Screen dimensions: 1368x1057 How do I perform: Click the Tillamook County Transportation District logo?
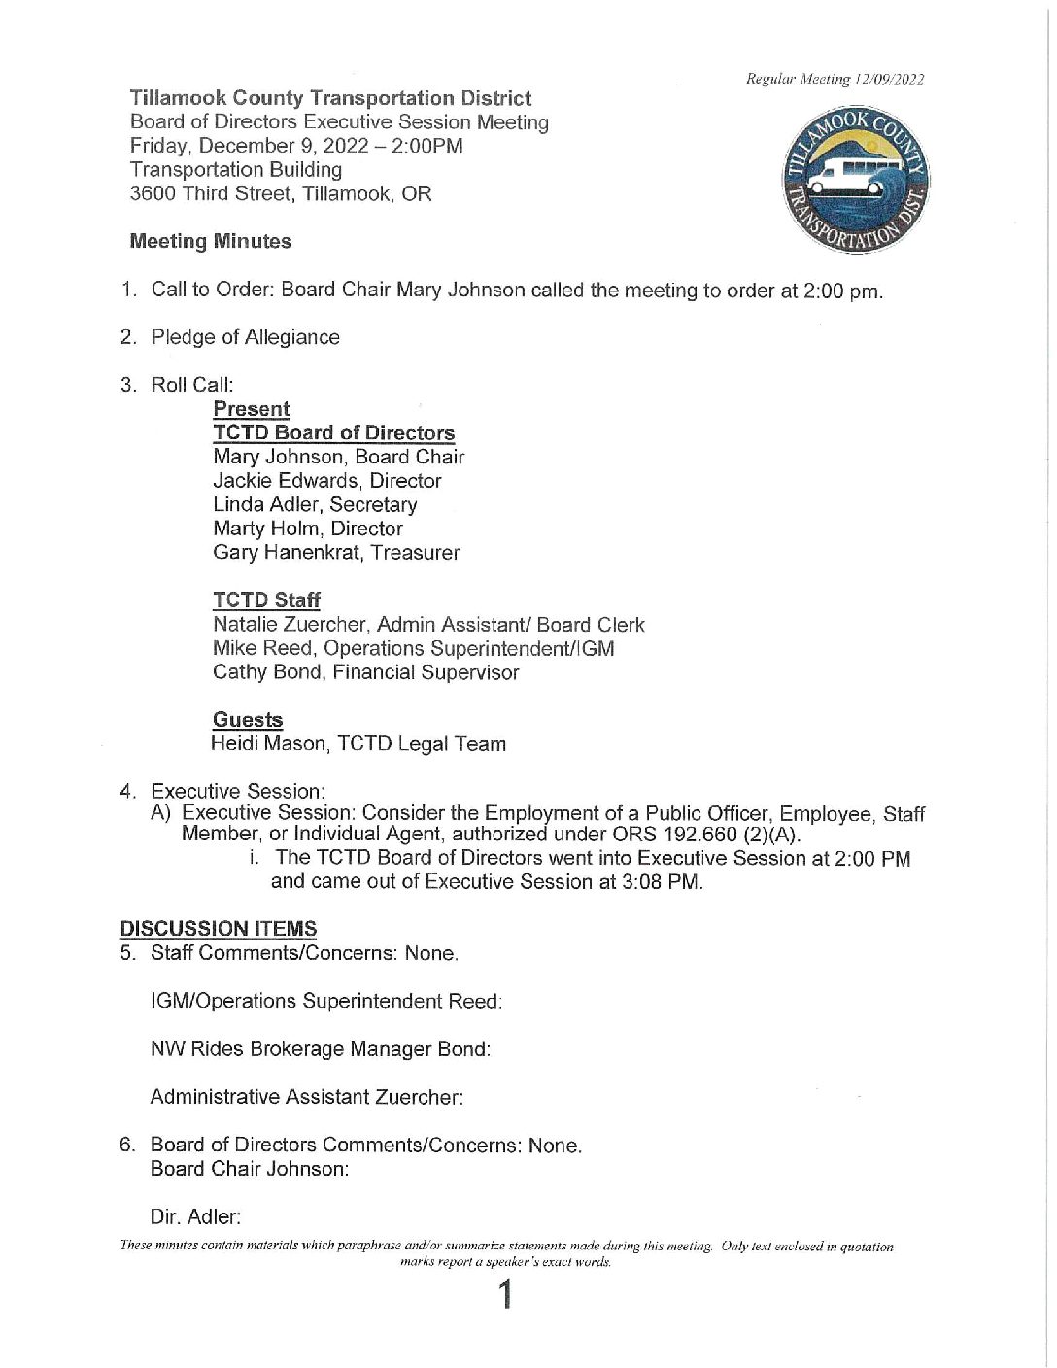(x=856, y=181)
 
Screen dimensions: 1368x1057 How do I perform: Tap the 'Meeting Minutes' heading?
(x=211, y=241)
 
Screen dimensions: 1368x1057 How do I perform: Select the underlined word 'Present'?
(x=251, y=409)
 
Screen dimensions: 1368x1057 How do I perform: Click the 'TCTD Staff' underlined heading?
(x=266, y=600)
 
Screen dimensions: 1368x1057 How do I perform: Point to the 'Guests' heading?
(x=248, y=720)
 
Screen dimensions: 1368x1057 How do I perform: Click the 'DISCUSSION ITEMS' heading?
(x=219, y=929)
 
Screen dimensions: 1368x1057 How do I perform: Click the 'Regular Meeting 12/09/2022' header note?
(x=835, y=79)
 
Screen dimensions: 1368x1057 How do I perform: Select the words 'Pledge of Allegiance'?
(x=245, y=337)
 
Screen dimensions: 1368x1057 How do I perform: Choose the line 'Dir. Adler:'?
(x=195, y=1216)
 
